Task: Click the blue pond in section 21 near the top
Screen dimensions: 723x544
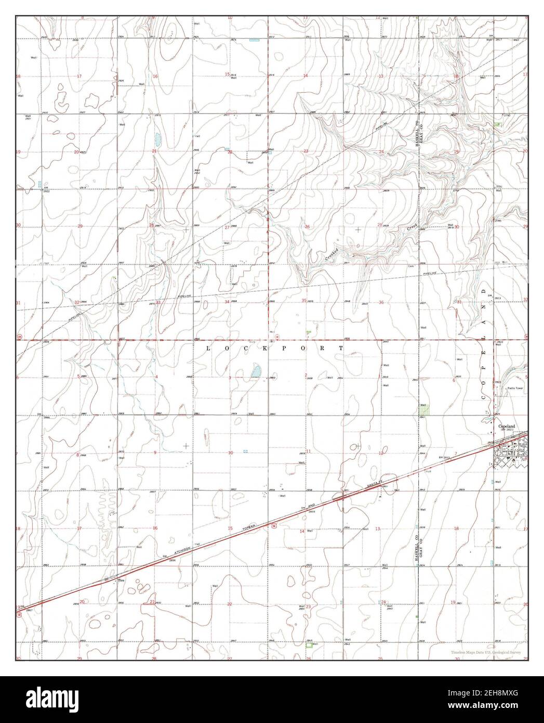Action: click(x=157, y=139)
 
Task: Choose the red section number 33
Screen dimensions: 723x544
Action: click(x=158, y=302)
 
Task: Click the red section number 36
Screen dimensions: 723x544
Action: click(x=381, y=302)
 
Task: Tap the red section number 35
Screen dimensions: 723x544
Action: click(x=304, y=301)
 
